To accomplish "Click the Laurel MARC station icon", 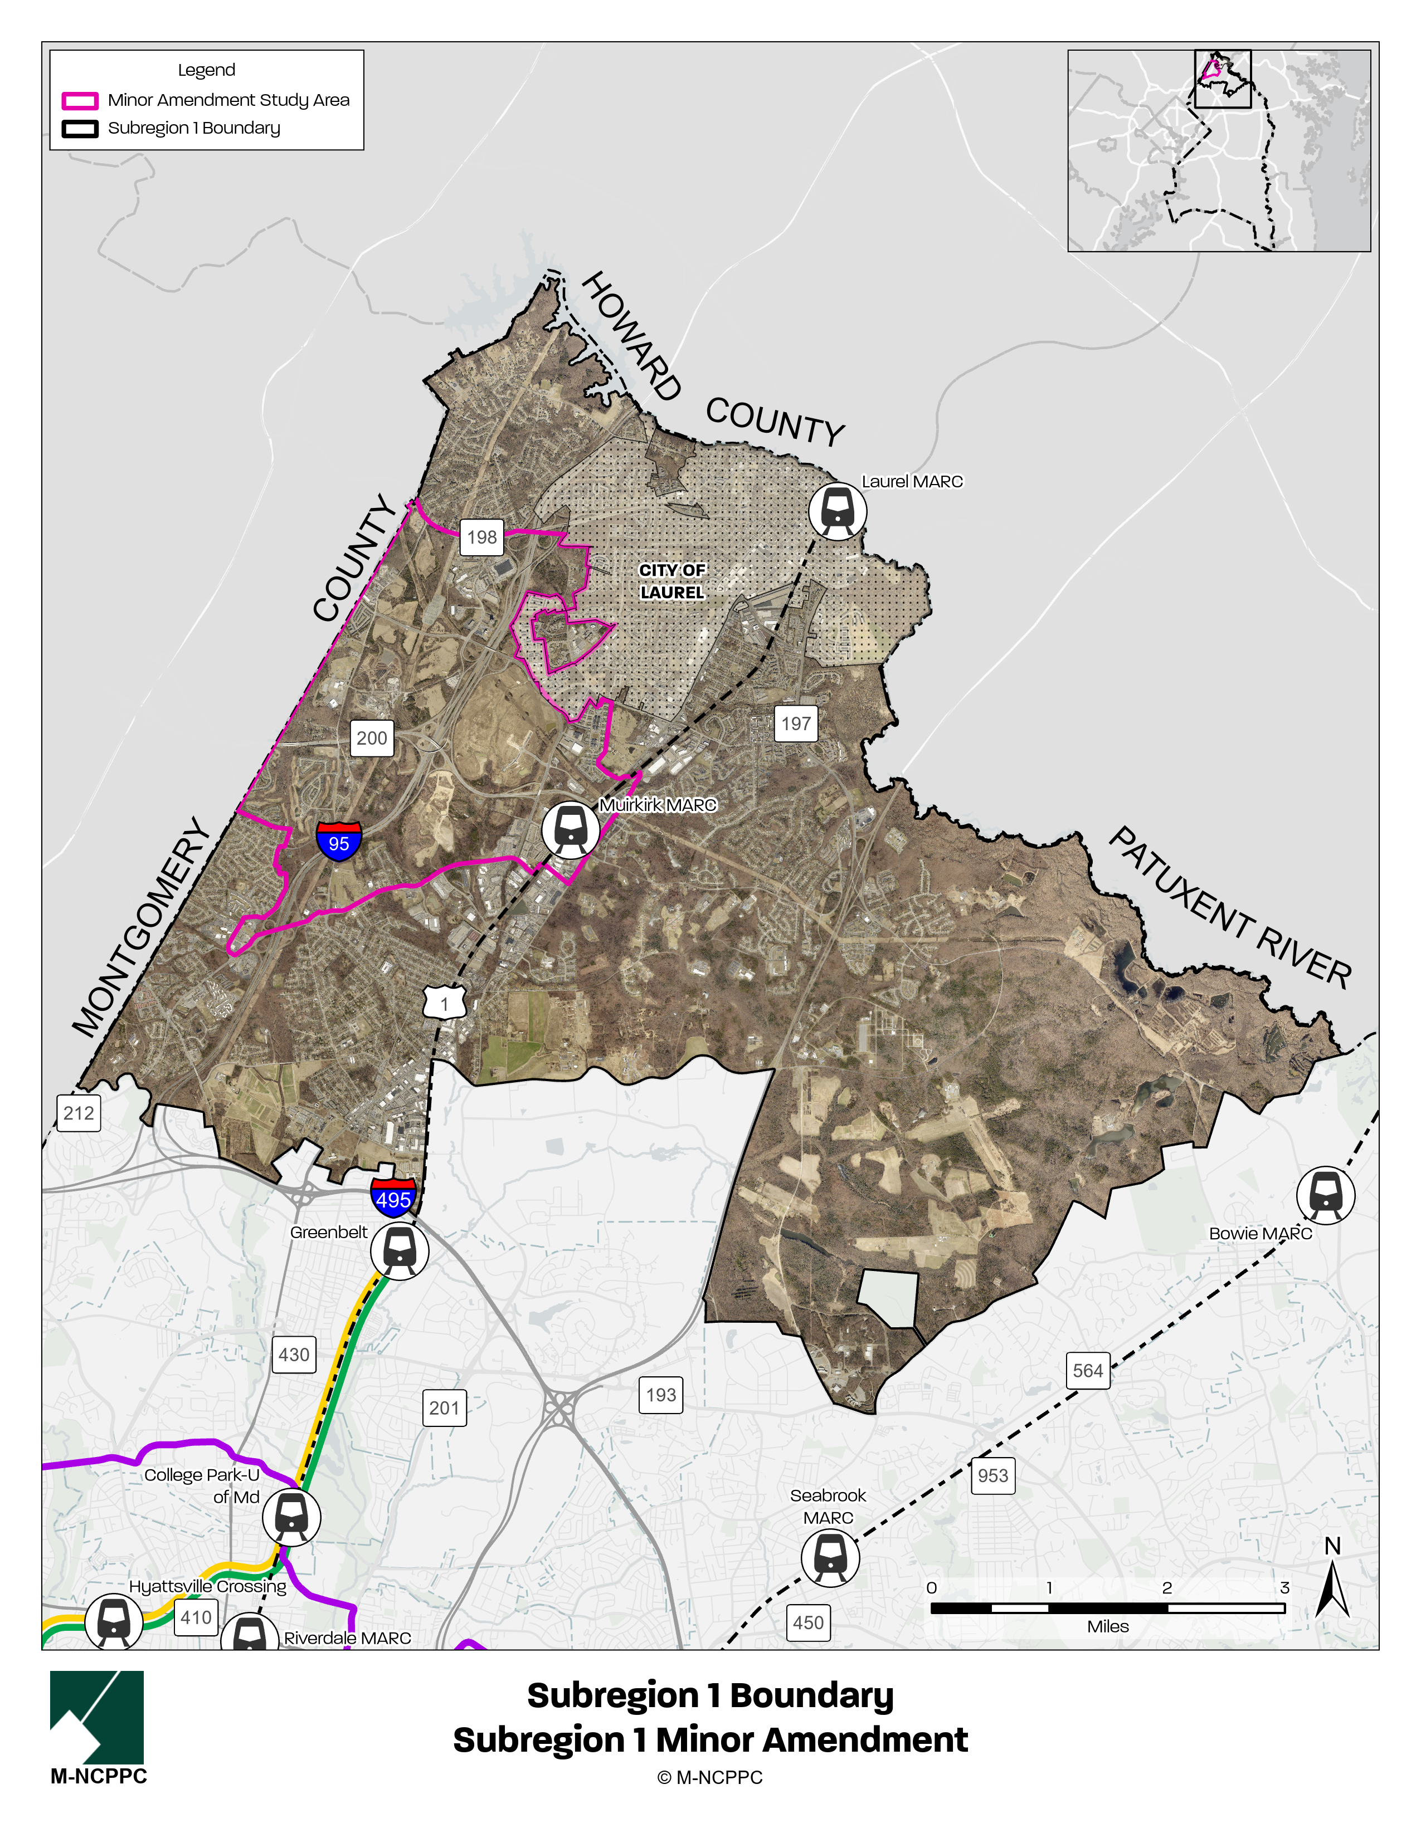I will point(838,511).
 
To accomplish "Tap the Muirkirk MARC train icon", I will point(570,830).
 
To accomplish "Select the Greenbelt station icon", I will point(399,1252).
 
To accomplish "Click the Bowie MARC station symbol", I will point(1325,1194).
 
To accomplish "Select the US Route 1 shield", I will point(445,1003).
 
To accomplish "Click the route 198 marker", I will point(481,537).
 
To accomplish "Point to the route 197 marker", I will point(796,724).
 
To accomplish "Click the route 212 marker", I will point(79,1113).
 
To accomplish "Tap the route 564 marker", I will point(1088,1371).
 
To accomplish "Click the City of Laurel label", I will point(672,581).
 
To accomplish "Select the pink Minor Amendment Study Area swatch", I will point(80,101).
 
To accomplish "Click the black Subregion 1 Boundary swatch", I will point(80,129).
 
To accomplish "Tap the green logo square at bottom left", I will point(97,1717).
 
